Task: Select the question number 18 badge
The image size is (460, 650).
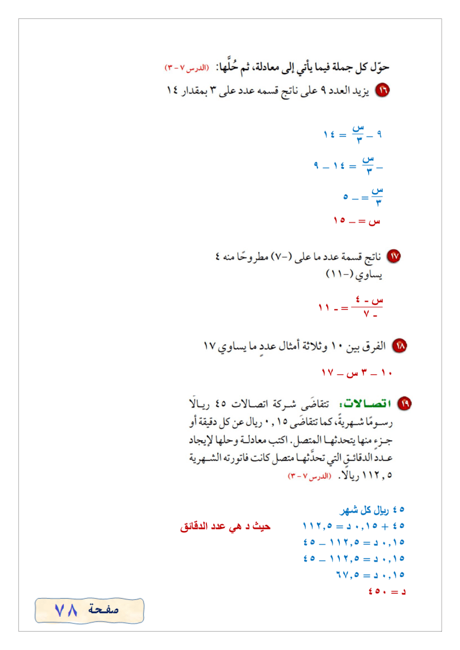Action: [399, 347]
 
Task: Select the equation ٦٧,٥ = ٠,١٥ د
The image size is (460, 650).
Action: [370, 574]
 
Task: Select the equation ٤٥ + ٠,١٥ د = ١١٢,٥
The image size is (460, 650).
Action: [354, 525]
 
